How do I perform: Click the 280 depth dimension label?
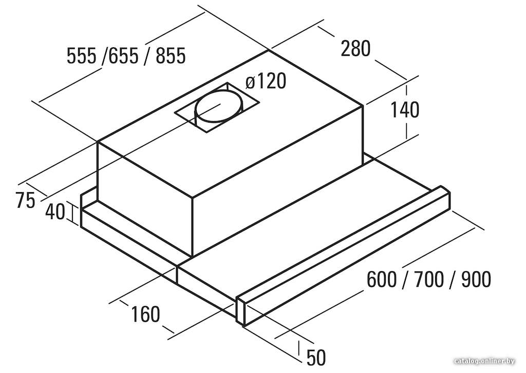355,48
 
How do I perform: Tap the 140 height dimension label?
405,110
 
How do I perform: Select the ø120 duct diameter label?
266,81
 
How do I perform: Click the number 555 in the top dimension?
82,55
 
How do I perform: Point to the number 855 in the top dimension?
171,55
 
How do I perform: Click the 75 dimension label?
25,201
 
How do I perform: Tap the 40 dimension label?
55,212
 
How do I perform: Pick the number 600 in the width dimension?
382,279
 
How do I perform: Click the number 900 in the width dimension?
476,279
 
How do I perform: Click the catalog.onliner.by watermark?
484,361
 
